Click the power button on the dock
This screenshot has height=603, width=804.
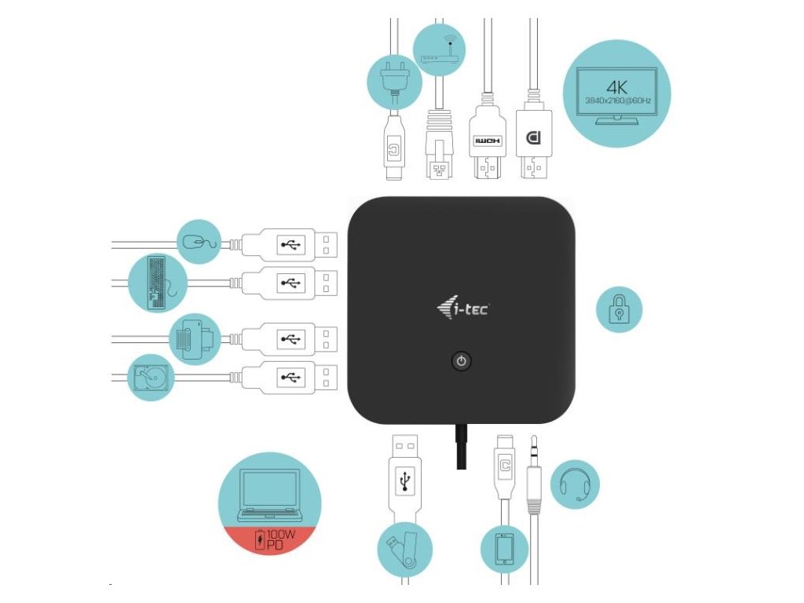click(x=462, y=361)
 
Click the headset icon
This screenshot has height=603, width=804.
click(x=576, y=484)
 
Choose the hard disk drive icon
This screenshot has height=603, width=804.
click(x=151, y=377)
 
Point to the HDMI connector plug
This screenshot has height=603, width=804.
click(x=487, y=145)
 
